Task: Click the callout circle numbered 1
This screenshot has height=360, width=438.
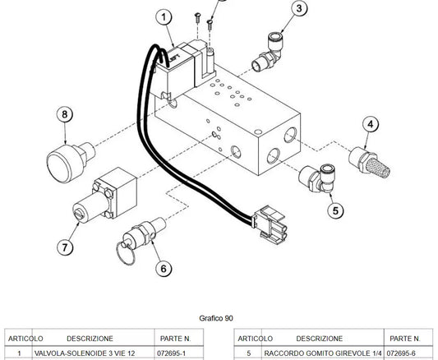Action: (164, 17)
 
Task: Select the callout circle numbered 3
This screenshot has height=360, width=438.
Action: (299, 8)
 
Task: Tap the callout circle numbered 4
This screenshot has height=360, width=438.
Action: (371, 124)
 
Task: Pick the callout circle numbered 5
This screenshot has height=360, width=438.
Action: (335, 210)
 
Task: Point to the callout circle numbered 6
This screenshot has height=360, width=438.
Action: (164, 269)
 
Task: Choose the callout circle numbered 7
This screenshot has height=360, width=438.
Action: (65, 247)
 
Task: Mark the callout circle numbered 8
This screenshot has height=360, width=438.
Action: (65, 114)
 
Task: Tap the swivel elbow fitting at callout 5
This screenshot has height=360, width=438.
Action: (317, 178)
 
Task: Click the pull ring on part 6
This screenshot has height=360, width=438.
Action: (126, 254)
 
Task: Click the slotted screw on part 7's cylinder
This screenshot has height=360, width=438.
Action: (79, 215)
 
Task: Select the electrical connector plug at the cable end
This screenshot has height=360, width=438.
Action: (270, 223)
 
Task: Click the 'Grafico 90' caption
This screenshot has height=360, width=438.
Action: (216, 318)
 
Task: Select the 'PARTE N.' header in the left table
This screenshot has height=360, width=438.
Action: (175, 339)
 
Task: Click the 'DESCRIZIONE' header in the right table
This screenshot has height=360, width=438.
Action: (320, 339)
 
